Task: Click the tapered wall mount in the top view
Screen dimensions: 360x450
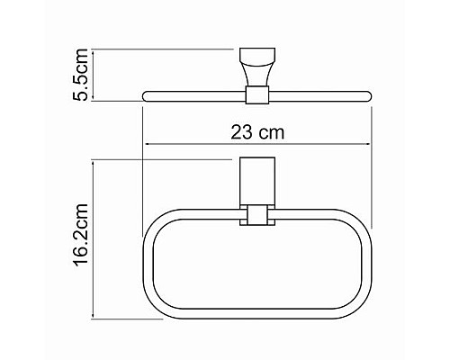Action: click(256, 67)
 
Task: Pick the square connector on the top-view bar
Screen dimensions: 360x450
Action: click(256, 93)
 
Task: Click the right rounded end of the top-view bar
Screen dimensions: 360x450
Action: click(367, 94)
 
